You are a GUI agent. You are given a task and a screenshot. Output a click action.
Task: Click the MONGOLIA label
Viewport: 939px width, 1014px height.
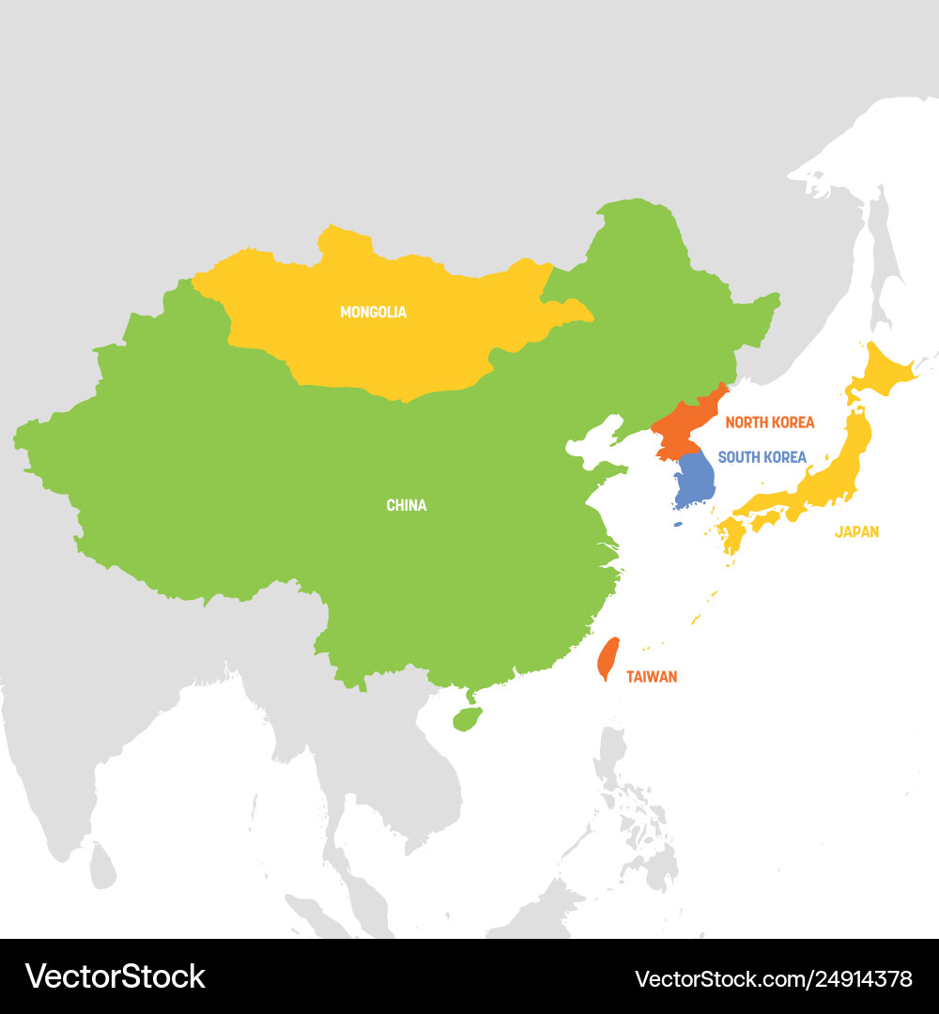point(373,312)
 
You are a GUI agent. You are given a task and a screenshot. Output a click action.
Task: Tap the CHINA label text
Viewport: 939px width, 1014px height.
point(406,505)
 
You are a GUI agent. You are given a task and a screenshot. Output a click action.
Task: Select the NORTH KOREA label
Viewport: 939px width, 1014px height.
point(769,422)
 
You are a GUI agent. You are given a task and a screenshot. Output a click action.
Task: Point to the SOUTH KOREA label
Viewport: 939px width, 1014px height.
point(762,457)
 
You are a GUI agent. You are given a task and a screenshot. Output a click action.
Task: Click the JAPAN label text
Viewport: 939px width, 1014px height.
point(856,531)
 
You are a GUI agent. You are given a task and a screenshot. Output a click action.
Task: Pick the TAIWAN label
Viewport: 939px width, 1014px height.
point(651,676)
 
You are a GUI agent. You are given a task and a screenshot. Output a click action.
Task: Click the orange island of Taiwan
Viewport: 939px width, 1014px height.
point(608,658)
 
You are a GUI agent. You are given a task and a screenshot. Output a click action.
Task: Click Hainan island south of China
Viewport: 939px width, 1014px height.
point(467,719)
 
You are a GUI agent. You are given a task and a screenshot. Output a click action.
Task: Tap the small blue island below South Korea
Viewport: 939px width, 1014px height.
point(678,523)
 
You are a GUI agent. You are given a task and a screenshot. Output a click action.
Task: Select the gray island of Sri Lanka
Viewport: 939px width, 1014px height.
point(103,864)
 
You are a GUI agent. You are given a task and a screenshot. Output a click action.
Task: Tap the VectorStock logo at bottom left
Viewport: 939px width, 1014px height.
point(115,976)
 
